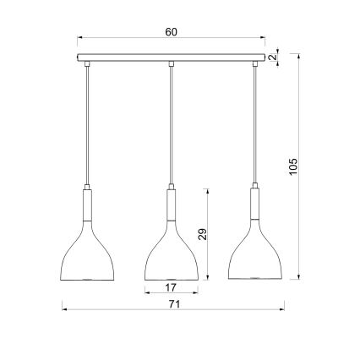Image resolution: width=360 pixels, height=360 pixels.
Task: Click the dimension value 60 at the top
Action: (x=172, y=32)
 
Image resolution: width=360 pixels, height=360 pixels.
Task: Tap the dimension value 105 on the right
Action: (x=293, y=167)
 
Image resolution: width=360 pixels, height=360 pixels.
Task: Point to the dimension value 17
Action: (x=172, y=288)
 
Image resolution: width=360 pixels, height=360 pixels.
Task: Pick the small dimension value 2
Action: (x=274, y=57)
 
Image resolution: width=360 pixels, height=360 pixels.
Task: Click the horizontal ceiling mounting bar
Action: (x=172, y=58)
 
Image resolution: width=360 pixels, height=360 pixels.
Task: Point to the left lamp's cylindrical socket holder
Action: (x=87, y=202)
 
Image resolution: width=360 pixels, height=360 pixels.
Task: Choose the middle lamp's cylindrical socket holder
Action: (x=171, y=202)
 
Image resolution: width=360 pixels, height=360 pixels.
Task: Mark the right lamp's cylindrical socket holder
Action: (x=254, y=202)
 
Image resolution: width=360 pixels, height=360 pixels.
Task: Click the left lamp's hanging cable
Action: (x=87, y=127)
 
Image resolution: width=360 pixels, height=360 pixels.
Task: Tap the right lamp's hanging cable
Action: (x=254, y=127)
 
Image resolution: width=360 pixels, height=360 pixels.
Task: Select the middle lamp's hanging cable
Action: (x=171, y=127)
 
